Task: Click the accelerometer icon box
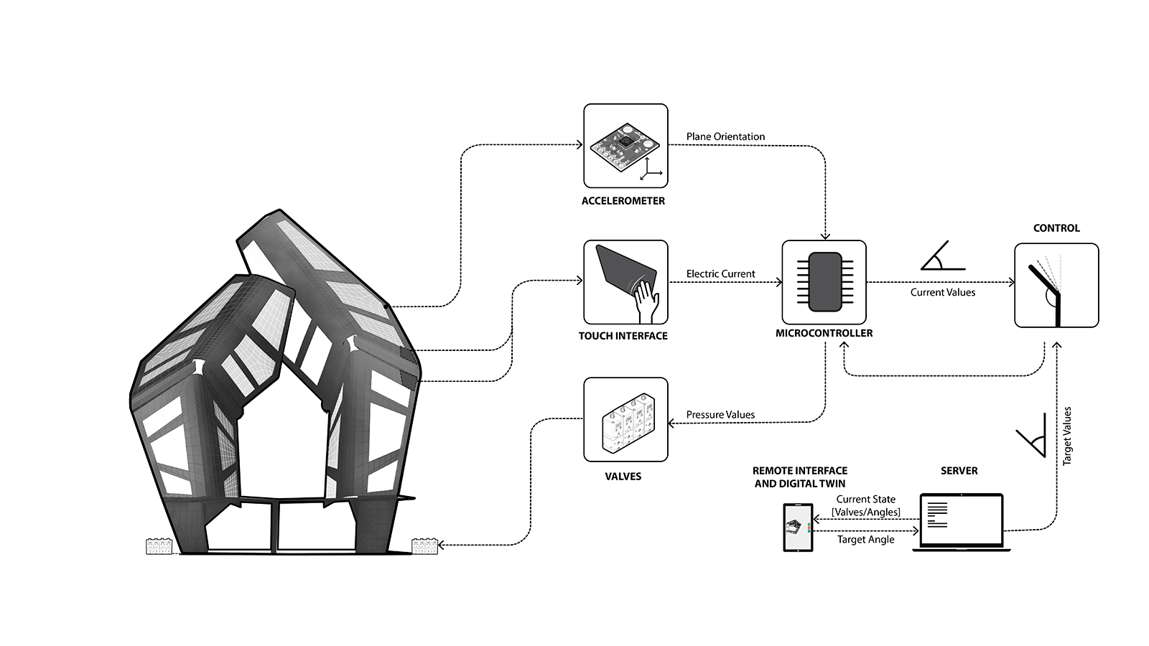(625, 146)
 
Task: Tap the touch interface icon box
(625, 282)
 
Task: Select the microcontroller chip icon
(824, 282)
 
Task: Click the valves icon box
(625, 419)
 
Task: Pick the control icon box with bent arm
(1056, 286)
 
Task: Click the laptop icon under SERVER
(961, 522)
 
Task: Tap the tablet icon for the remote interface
(798, 528)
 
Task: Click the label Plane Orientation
(725, 136)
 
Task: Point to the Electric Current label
(720, 273)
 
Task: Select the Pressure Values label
(720, 414)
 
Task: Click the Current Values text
(943, 292)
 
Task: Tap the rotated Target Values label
(1067, 436)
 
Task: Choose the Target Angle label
(865, 540)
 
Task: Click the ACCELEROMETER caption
(623, 201)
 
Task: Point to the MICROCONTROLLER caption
(824, 333)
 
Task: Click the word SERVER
(959, 471)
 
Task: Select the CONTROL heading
(1056, 228)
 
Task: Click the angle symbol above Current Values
(941, 256)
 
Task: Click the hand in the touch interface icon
(648, 300)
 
